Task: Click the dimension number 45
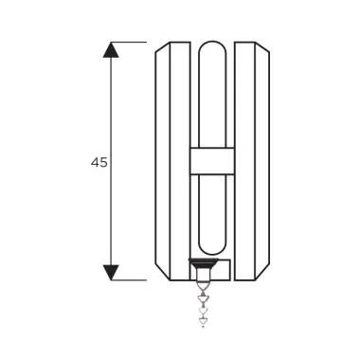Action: [x=99, y=162]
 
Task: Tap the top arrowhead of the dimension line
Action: [x=112, y=51]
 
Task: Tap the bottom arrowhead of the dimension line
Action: [x=112, y=272]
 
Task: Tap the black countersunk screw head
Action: [x=203, y=263]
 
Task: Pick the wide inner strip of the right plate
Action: [x=243, y=161]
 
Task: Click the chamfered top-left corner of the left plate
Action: [x=158, y=46]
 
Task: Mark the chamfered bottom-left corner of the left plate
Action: [x=158, y=276]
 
